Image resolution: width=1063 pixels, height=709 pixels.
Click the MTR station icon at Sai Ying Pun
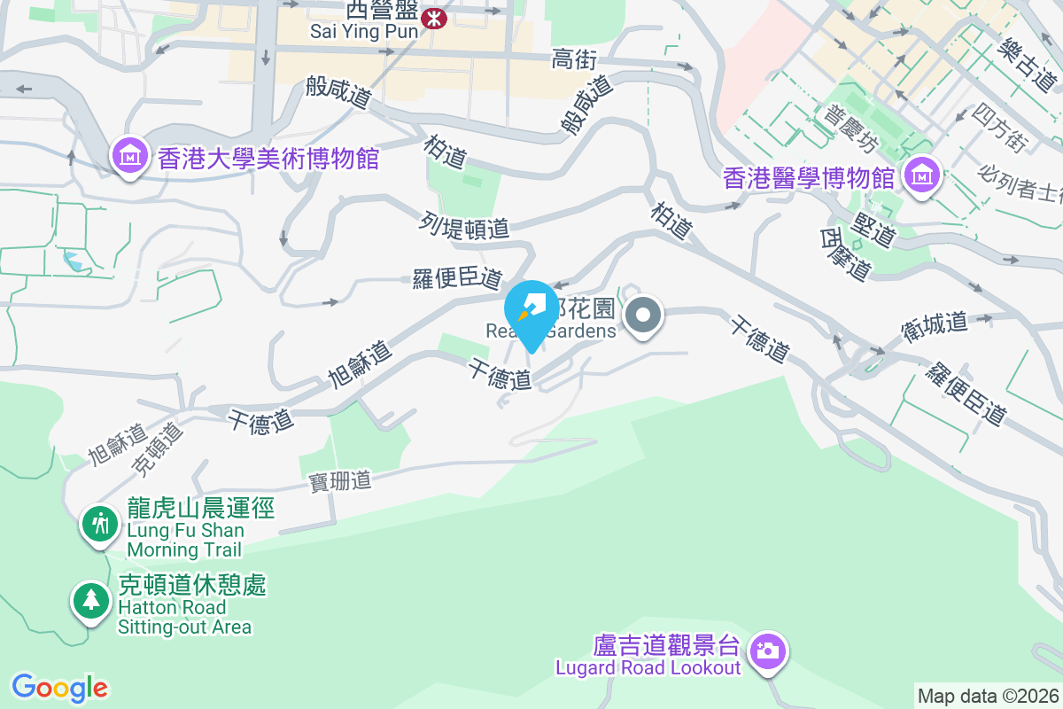tap(435, 17)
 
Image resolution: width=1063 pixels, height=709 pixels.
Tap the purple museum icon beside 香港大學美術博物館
tap(129, 157)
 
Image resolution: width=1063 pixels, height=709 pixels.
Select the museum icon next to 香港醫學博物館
tap(922, 176)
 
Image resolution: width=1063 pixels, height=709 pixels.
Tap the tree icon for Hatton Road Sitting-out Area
tap(90, 600)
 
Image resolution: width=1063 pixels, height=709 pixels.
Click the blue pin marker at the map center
tap(532, 310)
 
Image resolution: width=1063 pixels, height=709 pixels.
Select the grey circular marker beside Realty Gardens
tap(645, 316)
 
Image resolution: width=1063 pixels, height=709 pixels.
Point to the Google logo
tap(59, 688)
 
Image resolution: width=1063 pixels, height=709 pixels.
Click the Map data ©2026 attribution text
tap(988, 697)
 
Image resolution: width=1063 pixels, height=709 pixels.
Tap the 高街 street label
tap(575, 59)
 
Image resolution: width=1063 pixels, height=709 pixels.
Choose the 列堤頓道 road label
tap(465, 227)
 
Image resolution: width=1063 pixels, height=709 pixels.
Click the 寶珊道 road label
tap(340, 481)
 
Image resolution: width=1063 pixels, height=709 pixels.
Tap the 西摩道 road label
tap(842, 254)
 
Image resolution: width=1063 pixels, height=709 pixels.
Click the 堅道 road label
tap(873, 231)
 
